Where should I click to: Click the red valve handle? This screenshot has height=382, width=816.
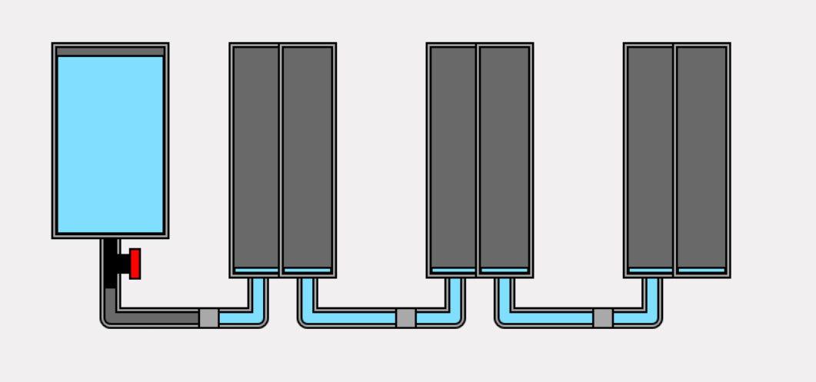point(135,264)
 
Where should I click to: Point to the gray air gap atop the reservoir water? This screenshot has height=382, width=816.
point(110,51)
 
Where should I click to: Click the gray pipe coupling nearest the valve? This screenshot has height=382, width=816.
point(208,318)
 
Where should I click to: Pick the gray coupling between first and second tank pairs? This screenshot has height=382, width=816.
point(405,318)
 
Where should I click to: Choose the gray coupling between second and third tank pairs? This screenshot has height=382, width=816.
point(603,318)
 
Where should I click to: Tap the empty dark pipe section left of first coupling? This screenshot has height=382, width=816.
point(158,318)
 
